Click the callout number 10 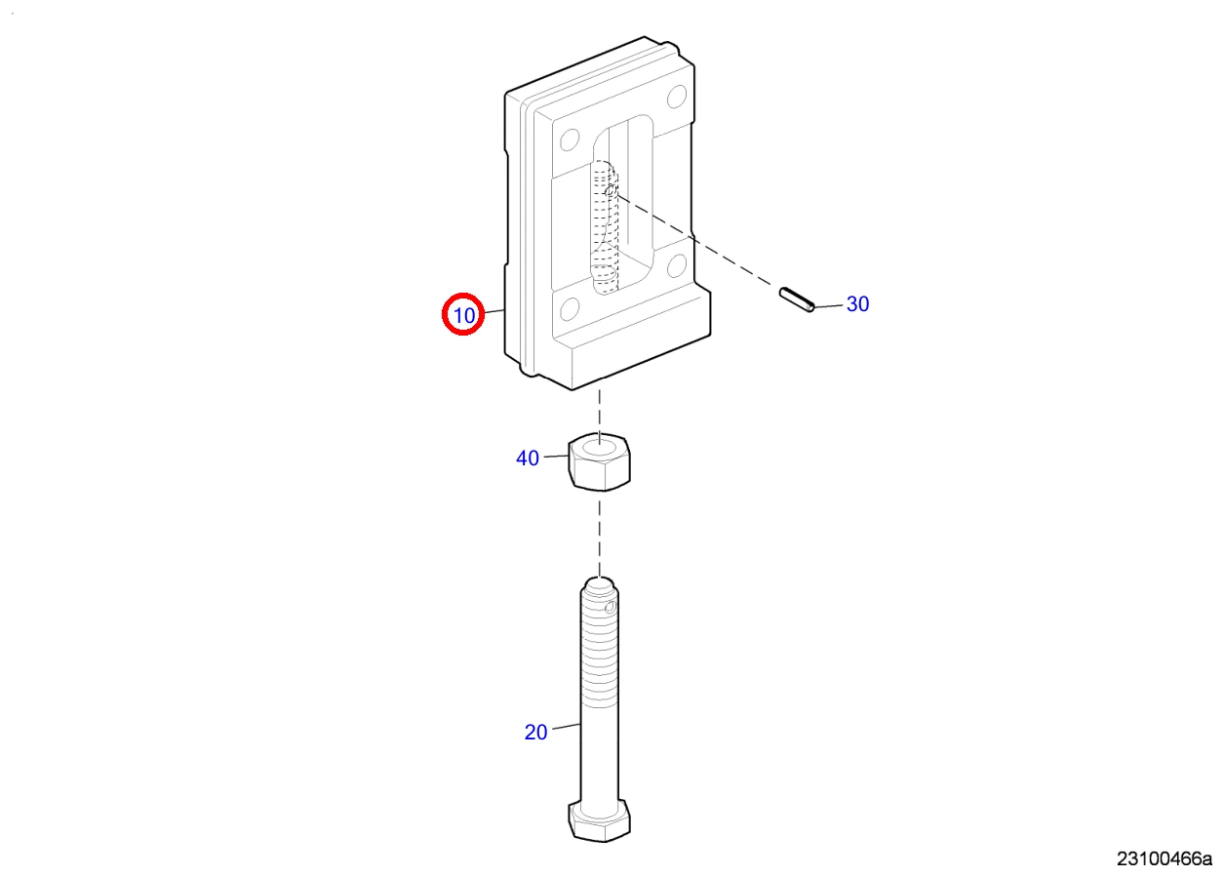point(464,315)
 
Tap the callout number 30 point(857,303)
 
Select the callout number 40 point(528,458)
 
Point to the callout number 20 point(535,733)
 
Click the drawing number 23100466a point(1165,859)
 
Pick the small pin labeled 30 point(797,299)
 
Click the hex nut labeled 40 point(600,461)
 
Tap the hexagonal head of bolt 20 point(600,821)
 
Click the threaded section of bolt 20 point(600,651)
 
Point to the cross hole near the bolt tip point(611,607)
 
